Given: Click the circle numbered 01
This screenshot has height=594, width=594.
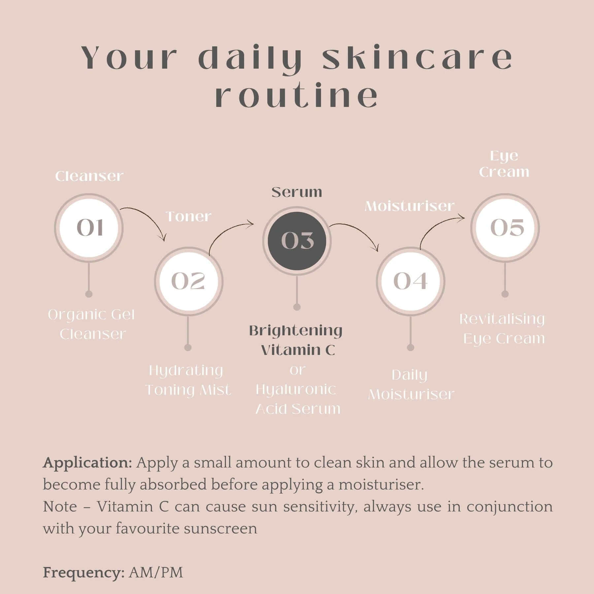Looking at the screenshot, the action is [x=89, y=228].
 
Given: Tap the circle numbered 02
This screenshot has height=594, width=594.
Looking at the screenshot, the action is [x=189, y=281].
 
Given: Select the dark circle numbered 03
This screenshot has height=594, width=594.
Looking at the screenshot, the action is [x=297, y=241].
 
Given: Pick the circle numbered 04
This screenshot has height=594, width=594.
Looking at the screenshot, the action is [x=411, y=281].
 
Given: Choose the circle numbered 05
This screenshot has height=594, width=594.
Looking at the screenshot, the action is [x=505, y=228].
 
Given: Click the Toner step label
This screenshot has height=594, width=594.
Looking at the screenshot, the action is [x=188, y=217].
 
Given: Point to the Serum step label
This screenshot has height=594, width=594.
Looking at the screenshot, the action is [x=297, y=192].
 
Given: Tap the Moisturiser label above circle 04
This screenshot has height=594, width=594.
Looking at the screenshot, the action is [x=410, y=206].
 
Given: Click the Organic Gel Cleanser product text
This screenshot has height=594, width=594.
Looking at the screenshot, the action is [x=92, y=324].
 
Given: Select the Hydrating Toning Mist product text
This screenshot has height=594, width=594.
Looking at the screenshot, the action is [x=188, y=380].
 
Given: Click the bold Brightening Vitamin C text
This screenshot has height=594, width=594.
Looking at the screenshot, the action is [x=296, y=340].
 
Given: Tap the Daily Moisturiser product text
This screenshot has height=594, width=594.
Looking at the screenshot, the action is [x=411, y=384].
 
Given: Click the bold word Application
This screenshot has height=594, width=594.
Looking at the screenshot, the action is [x=87, y=463].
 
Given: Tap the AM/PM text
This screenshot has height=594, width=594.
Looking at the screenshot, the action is [x=156, y=573].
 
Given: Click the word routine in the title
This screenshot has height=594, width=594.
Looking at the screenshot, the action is [x=297, y=96].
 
